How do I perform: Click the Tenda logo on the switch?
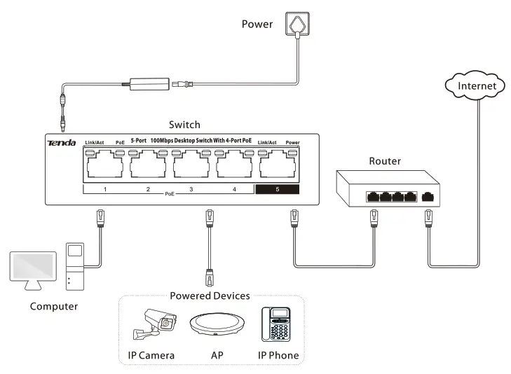tap(61, 143)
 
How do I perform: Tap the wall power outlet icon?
tap(297, 23)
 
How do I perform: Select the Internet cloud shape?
tap(475, 85)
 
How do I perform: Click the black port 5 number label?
tap(278, 189)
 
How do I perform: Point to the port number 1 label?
tap(105, 189)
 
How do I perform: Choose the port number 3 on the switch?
tap(191, 189)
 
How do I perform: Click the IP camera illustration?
tap(154, 324)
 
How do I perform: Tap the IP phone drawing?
tap(276, 324)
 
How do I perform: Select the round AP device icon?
tap(217, 324)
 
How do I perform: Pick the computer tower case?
tap(75, 266)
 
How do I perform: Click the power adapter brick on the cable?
tap(149, 84)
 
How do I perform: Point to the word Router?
tap(385, 161)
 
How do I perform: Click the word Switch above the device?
tap(184, 125)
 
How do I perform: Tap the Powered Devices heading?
tap(210, 296)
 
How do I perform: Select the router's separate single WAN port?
tap(428, 197)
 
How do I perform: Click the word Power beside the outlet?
tap(257, 24)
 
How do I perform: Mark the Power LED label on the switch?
tap(293, 143)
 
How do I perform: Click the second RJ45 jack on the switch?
tap(148, 165)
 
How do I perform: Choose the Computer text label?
tap(54, 306)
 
